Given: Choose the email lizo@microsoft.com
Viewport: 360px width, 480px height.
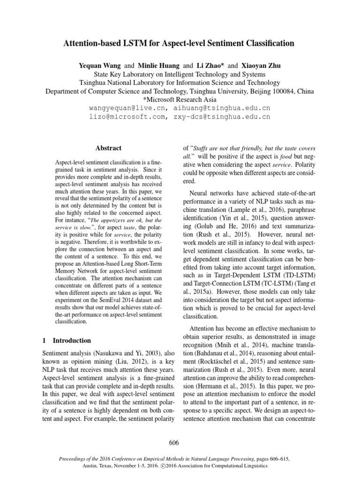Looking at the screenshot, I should pos(125,117).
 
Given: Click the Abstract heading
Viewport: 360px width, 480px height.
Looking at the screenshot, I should pos(108,148).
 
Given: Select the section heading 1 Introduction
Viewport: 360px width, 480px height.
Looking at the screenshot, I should pos(67,340).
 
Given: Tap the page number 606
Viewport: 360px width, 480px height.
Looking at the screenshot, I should pos(180,442).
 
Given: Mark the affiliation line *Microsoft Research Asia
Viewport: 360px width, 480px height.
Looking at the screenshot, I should pos(180,99).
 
